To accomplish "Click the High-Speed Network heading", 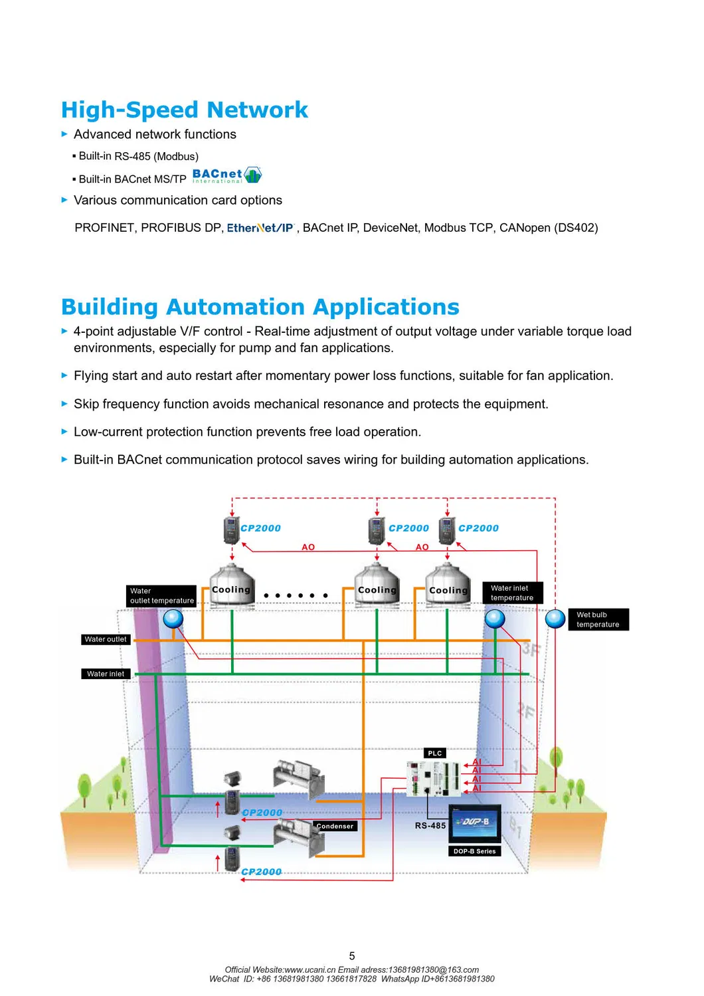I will pos(184,110).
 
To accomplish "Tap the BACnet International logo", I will pos(226,175).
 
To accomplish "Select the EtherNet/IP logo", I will pos(260,228).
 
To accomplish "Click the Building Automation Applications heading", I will pos(260,307).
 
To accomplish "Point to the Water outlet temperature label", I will pos(161,596).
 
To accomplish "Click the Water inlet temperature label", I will pos(512,593).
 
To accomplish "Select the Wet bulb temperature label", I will pos(598,620).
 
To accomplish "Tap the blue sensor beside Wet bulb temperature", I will pos(555,619).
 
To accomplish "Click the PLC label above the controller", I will pos(435,753).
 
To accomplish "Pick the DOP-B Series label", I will pos(474,851).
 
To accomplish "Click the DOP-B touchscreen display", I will pos(475,824).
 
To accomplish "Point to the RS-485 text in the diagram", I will pos(430,826).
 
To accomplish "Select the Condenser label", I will pos(335,827).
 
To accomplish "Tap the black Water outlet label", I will pos(105,639).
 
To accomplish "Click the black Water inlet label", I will pos(105,674).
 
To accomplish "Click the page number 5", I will pos(352,956).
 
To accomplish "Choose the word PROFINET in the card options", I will pos(105,228).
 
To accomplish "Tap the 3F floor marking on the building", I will pos(529,648).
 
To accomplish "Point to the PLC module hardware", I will pos(434,777).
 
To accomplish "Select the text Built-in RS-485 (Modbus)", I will pos(138,157).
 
